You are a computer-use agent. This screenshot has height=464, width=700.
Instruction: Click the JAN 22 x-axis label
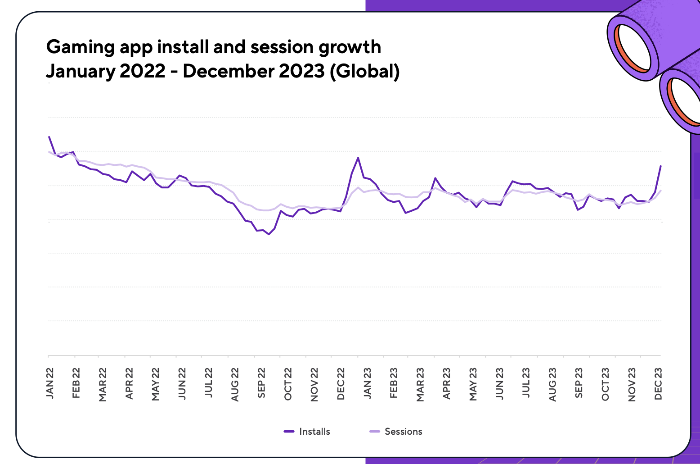(49, 383)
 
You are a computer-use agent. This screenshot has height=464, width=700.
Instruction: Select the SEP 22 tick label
(261, 383)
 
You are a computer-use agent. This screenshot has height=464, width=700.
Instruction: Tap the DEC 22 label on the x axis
(341, 383)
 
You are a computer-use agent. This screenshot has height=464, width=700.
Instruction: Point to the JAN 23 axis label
(368, 383)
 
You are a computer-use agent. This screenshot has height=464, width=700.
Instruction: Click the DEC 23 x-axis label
(658, 383)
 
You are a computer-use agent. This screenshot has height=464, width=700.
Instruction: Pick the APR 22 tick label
(129, 383)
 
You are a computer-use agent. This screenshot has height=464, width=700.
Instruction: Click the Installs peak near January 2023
(358, 158)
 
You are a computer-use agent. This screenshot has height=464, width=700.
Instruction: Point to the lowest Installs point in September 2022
(269, 234)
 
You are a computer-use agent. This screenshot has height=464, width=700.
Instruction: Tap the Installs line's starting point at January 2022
(49, 137)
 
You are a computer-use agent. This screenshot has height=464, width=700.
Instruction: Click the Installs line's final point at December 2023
(660, 166)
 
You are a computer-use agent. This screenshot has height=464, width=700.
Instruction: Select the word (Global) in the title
(365, 72)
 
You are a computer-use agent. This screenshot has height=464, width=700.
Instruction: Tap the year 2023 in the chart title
(301, 72)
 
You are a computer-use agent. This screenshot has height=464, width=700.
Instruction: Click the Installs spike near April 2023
(435, 178)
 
